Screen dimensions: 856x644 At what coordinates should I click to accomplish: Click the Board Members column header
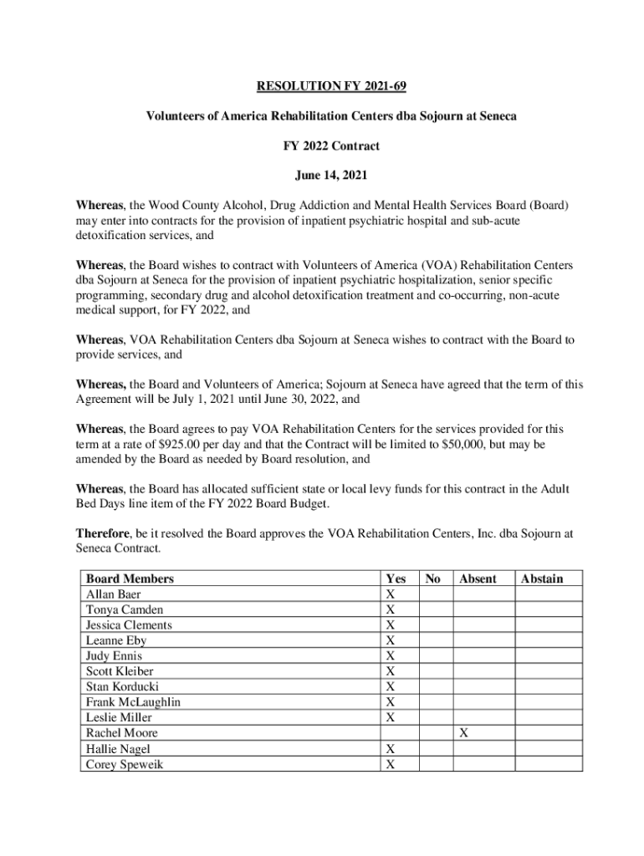130,578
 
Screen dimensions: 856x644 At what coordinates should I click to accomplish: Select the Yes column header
395,578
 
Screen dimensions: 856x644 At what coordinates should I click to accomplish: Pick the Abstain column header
541,578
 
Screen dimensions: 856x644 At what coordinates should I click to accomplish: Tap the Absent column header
478,578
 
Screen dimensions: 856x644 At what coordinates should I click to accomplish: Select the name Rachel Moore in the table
121,733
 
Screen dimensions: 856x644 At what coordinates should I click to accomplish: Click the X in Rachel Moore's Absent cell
464,733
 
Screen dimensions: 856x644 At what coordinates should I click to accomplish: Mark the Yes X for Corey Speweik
389,764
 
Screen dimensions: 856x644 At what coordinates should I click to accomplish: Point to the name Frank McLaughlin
133,702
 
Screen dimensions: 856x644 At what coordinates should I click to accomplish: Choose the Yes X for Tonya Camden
389,609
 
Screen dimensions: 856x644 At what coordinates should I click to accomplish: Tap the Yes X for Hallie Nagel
389,749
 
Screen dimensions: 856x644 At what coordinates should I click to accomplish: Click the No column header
432,578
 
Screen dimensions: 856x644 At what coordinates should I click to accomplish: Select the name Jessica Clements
129,625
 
